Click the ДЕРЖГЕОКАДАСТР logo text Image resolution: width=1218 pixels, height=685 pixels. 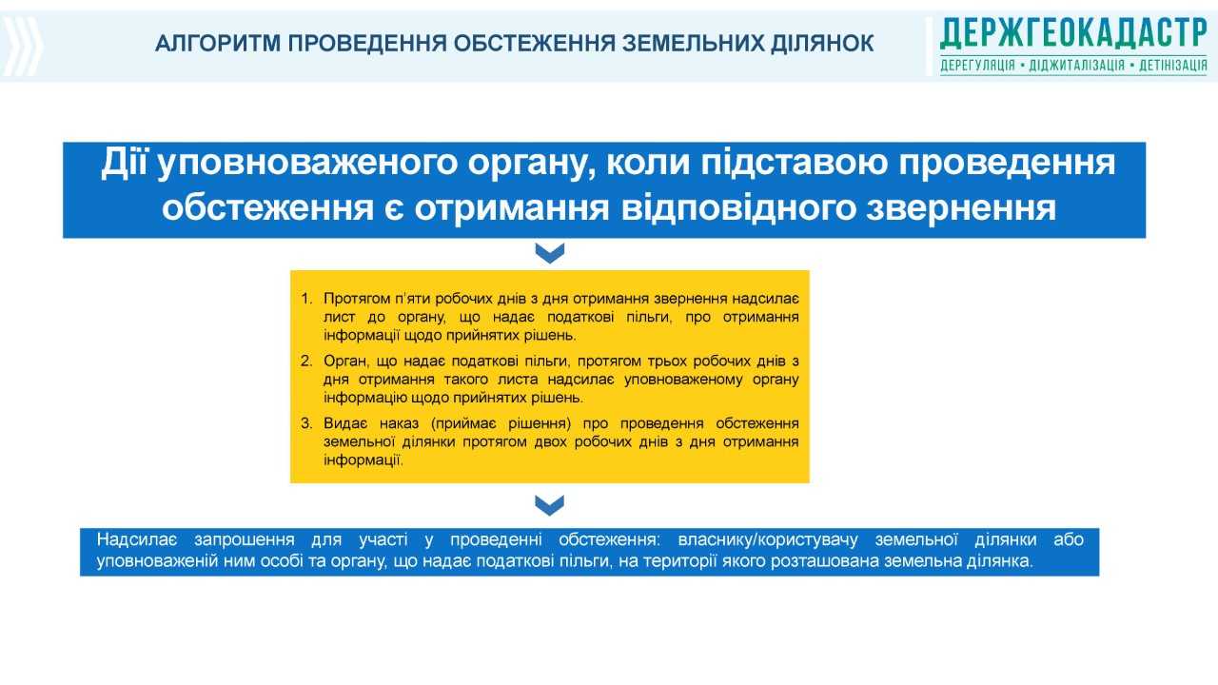tap(1073, 33)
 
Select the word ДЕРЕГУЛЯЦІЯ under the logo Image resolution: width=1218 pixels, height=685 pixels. tap(977, 66)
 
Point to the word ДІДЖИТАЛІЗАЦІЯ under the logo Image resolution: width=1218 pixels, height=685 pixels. tap(1077, 66)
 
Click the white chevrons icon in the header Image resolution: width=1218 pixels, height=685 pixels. tap(22, 47)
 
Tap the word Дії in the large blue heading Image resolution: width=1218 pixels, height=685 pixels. tap(124, 162)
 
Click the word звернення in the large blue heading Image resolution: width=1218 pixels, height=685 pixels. tap(961, 207)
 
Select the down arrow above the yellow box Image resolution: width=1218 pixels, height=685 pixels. tap(550, 253)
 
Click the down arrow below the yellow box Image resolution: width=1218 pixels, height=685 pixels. tap(550, 505)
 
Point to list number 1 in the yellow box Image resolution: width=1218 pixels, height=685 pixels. tap(306, 299)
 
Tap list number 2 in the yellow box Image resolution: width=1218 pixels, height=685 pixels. tap(306, 361)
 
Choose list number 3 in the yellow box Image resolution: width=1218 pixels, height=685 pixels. tap(306, 423)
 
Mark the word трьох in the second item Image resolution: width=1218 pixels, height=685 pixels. tap(667, 362)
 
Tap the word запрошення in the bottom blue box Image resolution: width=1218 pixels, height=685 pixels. tap(245, 540)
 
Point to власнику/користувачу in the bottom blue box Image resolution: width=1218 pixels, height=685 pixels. tap(768, 540)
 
